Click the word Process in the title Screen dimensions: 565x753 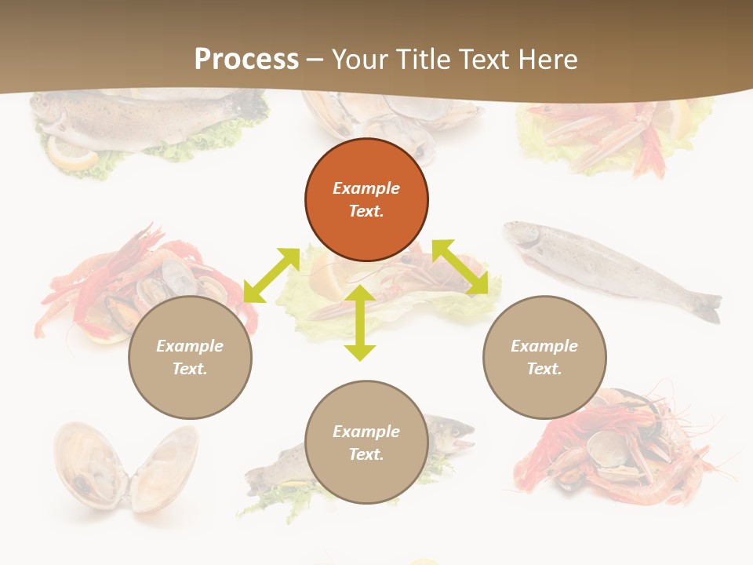coord(246,59)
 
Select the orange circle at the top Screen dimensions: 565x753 coord(366,199)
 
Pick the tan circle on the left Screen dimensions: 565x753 coord(190,357)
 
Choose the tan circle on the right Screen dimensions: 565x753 coord(544,357)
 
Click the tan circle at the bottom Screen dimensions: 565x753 coord(366,443)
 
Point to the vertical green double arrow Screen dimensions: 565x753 coord(360,323)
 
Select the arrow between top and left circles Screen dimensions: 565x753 coord(271,275)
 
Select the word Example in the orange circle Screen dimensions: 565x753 coord(366,188)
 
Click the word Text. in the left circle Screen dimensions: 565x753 coord(190,369)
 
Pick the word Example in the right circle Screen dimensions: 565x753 coord(544,346)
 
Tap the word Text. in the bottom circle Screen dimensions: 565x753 coord(366,454)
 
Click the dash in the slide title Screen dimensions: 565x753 coord(315,60)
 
